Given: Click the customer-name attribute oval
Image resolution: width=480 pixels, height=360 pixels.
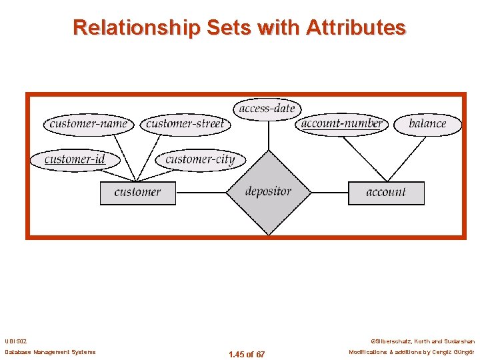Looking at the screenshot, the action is tap(89, 124).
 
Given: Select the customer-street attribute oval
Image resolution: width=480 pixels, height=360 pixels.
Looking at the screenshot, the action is tap(185, 124).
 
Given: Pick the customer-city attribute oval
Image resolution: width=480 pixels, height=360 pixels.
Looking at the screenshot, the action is tap(200, 160).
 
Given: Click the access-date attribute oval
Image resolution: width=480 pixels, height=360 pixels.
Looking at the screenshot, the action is tap(267, 109).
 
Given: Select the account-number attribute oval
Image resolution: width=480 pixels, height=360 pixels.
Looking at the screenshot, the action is tap(341, 124).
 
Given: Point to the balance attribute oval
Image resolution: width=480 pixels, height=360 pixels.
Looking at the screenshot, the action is tap(427, 124).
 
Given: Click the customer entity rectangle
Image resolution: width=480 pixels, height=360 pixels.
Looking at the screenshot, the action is tap(137, 193).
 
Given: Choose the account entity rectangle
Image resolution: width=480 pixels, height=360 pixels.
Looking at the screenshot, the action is tap(386, 193).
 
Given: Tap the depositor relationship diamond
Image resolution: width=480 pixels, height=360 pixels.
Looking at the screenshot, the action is tap(268, 192).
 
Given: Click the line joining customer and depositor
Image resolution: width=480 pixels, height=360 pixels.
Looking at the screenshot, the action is tap(201, 193).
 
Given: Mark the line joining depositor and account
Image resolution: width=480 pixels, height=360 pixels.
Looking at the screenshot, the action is tap(329, 193).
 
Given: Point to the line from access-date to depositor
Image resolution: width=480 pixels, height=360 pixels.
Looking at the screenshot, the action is tap(268, 136).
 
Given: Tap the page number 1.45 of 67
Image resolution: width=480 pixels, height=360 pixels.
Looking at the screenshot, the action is tap(246, 354).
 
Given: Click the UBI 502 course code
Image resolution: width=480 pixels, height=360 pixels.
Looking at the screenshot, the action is tap(15, 341).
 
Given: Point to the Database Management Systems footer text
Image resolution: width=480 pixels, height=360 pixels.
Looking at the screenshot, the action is tap(50, 352).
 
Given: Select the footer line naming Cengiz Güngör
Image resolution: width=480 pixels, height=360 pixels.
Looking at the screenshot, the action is tap(411, 352).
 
